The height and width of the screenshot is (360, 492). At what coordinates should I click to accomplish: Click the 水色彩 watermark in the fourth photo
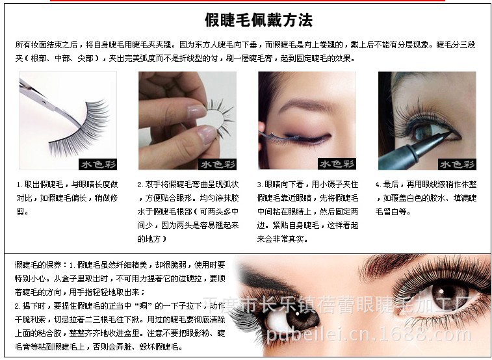[x=457, y=164]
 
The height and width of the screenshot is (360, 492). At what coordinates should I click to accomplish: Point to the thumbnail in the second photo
[x=207, y=135]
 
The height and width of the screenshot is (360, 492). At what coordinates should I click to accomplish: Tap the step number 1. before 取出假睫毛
[x=19, y=185]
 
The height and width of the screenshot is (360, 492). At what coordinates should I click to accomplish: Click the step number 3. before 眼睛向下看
[x=260, y=185]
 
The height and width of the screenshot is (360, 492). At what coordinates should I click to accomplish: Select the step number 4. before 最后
[x=378, y=185]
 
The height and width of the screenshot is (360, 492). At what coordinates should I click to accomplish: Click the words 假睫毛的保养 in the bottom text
[x=36, y=264]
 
